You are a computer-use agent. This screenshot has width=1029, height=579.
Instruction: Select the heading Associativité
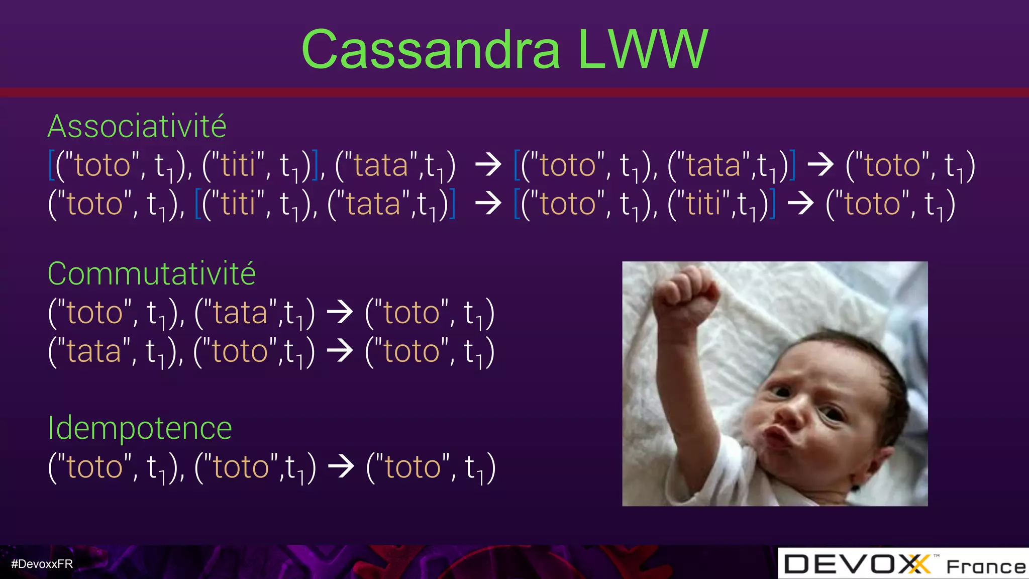click(137, 126)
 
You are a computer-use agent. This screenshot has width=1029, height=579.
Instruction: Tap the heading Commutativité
click(151, 274)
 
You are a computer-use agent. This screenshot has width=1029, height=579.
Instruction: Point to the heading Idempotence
click(140, 428)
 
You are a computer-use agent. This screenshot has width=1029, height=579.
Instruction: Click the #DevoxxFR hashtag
click(42, 564)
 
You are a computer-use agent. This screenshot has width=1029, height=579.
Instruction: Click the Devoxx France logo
click(903, 564)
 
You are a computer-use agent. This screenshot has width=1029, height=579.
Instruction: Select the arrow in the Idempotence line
click(341, 466)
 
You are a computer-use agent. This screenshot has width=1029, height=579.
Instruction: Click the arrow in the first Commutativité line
click(340, 312)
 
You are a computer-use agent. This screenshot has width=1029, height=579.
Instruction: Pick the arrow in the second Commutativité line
click(340, 350)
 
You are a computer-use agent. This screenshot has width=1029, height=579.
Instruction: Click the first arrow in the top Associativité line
click(488, 164)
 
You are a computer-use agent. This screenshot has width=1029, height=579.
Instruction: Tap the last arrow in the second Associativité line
click(800, 203)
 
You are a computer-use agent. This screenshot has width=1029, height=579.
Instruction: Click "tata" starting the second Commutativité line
click(94, 351)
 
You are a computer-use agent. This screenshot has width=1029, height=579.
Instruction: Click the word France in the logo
click(986, 567)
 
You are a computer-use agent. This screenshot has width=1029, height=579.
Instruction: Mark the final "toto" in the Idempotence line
click(413, 467)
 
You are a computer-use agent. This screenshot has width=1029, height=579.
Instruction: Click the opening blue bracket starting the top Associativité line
click(51, 165)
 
